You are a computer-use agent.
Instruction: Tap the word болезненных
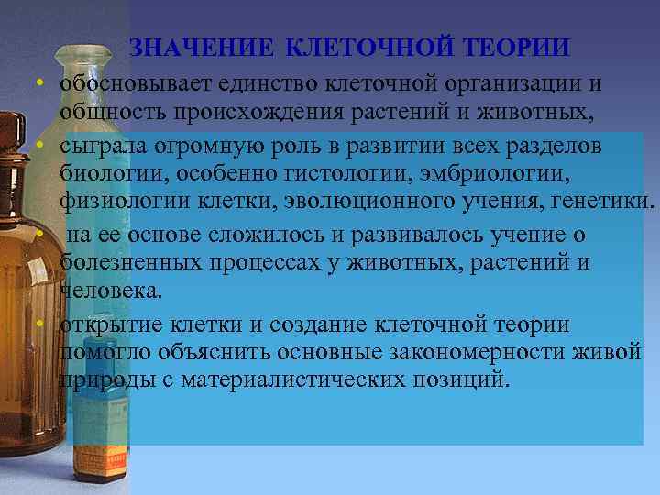point(123,264)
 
